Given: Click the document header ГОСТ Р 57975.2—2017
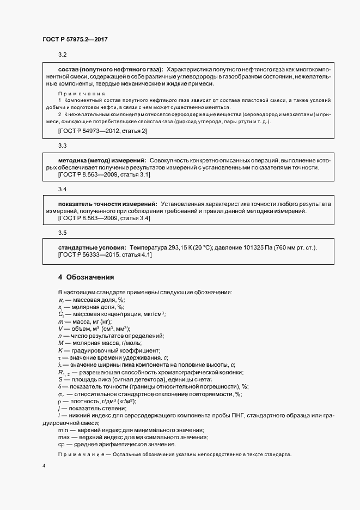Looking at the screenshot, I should tap(77, 40).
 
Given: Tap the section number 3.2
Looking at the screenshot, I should tap(62, 56).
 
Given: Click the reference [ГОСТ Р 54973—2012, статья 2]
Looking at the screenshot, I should tap(102, 131).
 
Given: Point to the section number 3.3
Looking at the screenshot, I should tap(62, 145).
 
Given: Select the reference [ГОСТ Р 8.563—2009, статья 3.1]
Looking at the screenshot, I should tap(103, 174).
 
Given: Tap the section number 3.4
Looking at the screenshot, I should tap(62, 189).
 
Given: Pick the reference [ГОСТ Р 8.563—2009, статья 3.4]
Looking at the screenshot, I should tap(103, 218).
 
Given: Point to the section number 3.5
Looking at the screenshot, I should tap(62, 233).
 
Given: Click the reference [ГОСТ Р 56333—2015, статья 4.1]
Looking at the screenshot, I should tap(105, 254).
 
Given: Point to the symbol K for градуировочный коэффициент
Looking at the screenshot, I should tap(60, 350).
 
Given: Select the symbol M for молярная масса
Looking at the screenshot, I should tap(60, 343).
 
